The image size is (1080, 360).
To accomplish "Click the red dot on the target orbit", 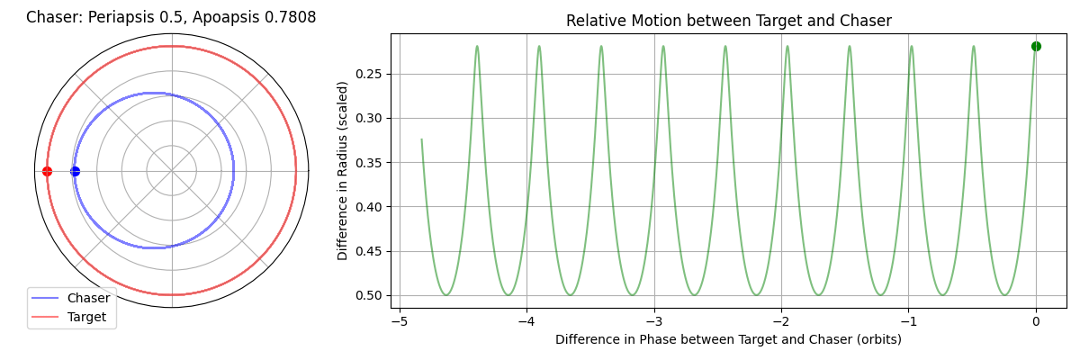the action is coord(47,171).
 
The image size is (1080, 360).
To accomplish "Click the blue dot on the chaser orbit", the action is coord(75,171).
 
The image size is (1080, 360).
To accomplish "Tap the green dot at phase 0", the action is coord(1036,46).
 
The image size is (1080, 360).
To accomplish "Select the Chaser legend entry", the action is coord(70,298).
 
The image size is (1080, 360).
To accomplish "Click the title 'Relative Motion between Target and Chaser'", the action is coord(728,21).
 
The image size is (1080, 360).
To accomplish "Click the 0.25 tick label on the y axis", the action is coord(368,74).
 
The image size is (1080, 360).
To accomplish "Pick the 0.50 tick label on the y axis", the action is coord(368,295).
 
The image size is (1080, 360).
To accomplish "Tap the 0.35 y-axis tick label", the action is coord(368,162).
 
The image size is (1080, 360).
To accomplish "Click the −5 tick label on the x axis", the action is coord(400,321).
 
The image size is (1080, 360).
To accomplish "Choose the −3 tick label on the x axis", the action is coord(654,321).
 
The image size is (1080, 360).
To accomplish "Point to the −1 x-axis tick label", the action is coord(908,321).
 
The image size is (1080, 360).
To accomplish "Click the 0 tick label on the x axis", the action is coord(1036,321).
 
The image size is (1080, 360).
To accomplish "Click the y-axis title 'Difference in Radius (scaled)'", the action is coord(342,171).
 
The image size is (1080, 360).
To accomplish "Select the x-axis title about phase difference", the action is coord(728,339).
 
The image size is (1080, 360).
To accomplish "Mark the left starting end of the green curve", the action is coord(421,139).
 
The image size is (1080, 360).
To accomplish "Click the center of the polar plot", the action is coord(172,171).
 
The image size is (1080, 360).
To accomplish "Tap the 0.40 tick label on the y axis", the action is coord(368,207).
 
